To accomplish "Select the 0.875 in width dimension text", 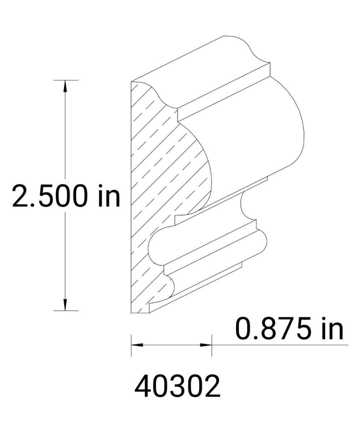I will pos(289,329).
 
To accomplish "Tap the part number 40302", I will pos(177,387).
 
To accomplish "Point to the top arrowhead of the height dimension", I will pos(65,86).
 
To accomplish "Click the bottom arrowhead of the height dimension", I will pos(65,305).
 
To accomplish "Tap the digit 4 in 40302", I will pos(142,387).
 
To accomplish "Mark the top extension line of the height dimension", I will pos(66,80).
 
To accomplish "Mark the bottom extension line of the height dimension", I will pos(66,311).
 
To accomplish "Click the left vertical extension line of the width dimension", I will pos(131,345).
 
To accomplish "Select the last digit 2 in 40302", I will pos(212,387).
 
